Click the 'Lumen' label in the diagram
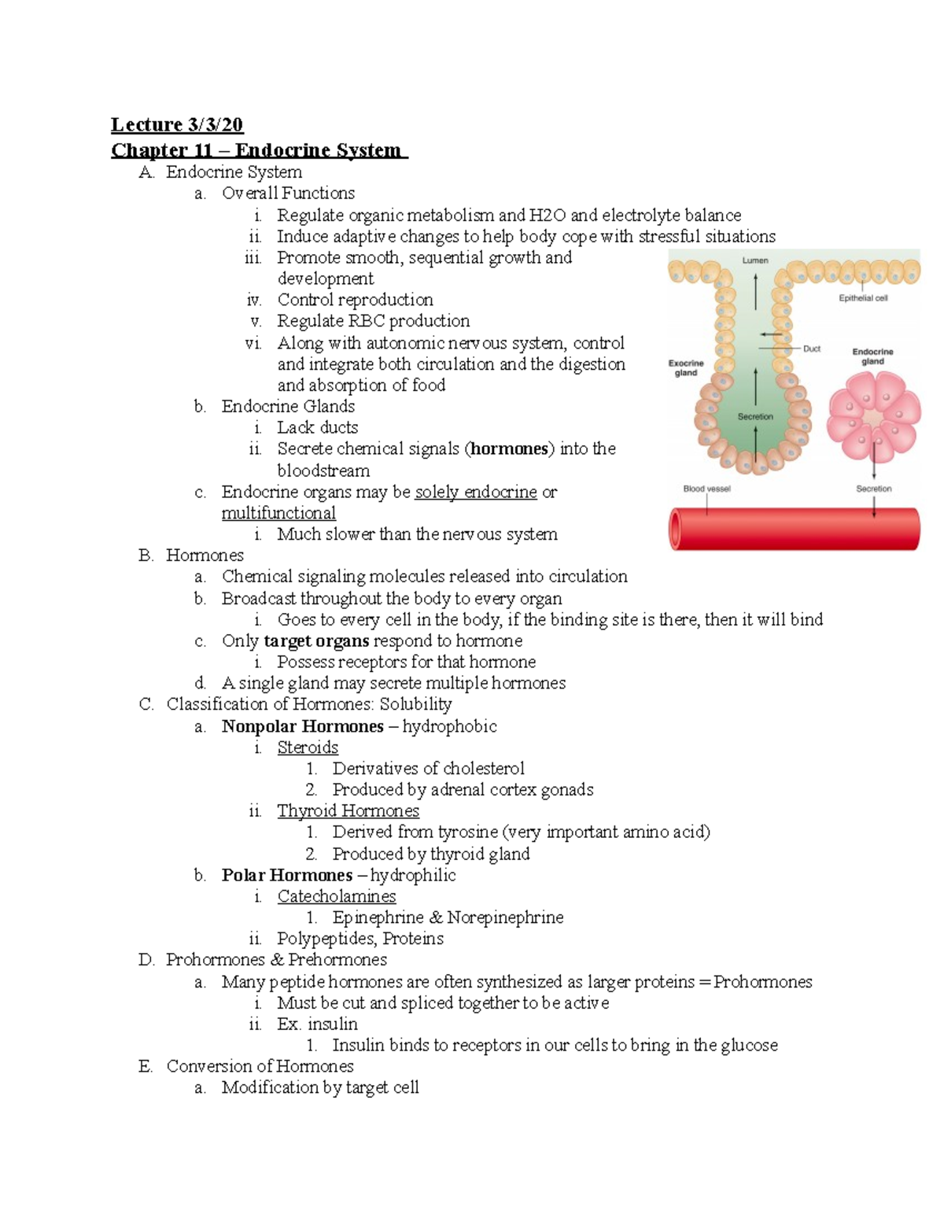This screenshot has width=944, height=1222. click(x=754, y=260)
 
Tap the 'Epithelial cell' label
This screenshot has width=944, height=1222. click(x=863, y=298)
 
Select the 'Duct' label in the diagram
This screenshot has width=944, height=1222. click(x=811, y=349)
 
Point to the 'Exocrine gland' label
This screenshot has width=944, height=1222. click(x=686, y=367)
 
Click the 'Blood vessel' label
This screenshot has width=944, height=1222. click(x=706, y=489)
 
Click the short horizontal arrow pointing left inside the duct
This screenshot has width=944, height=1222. click(x=771, y=334)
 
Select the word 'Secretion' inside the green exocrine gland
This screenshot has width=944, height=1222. click(x=755, y=416)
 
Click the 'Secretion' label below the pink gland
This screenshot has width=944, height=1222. click(x=873, y=489)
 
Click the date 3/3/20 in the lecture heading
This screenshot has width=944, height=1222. click(x=215, y=124)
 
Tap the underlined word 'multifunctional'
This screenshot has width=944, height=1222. click(x=278, y=513)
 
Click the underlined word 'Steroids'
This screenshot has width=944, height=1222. click(x=308, y=748)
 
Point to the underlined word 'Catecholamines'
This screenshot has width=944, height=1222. click(x=337, y=896)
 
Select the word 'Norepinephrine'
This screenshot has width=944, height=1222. click(x=505, y=917)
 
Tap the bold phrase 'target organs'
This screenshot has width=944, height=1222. click(x=316, y=641)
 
